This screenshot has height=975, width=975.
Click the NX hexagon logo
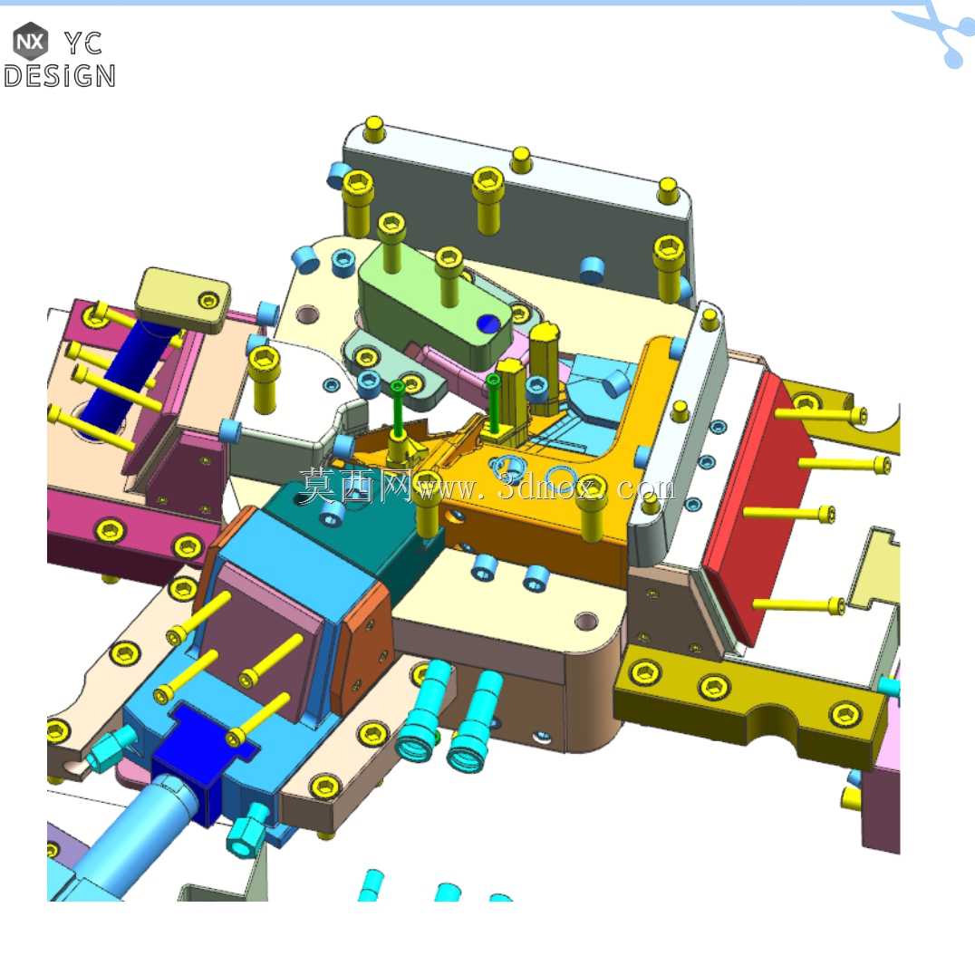(x=31, y=41)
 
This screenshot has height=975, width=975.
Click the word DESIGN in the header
(x=59, y=76)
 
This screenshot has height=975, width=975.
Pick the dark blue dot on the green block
(x=487, y=323)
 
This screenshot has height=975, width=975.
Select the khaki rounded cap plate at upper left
(x=183, y=300)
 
